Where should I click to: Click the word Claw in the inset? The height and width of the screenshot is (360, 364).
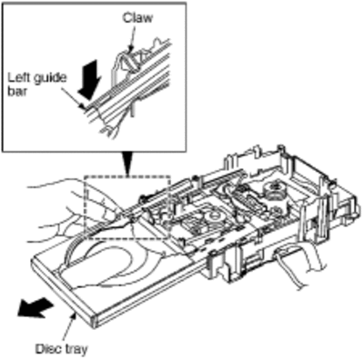click(x=137, y=18)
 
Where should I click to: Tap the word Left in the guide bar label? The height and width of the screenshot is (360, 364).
click(x=16, y=77)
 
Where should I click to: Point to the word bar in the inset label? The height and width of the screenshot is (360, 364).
click(x=16, y=92)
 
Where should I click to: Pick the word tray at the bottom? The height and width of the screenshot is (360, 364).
click(x=75, y=349)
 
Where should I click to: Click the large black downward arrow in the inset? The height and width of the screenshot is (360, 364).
click(x=88, y=80)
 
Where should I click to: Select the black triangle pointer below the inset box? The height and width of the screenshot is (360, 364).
click(x=128, y=164)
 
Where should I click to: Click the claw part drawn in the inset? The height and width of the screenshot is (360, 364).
click(x=130, y=61)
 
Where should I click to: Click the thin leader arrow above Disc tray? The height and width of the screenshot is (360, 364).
click(x=68, y=328)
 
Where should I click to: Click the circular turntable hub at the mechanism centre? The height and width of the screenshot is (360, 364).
click(x=213, y=217)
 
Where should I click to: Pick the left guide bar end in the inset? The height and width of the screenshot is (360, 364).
click(x=86, y=106)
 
